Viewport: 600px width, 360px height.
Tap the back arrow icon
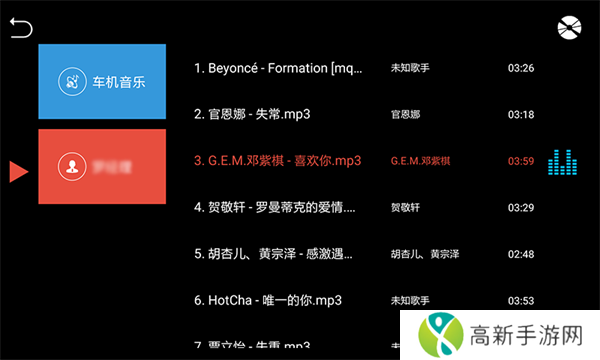[21, 28]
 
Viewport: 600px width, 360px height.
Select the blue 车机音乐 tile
[102, 81]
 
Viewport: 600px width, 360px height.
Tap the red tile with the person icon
[102, 166]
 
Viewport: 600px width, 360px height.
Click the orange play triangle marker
[18, 171]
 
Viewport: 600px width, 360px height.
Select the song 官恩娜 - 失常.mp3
[252, 114]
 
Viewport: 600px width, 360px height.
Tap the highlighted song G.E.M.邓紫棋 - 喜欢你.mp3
[277, 160]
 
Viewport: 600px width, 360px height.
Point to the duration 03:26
[520, 68]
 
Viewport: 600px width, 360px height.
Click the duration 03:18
[520, 115]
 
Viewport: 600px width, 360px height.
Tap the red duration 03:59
[520, 161]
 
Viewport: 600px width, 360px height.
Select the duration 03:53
[520, 300]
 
